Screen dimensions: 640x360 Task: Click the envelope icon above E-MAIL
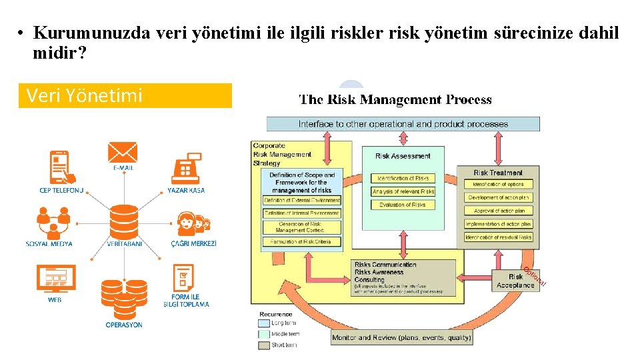pyautogui.click(x=123, y=153)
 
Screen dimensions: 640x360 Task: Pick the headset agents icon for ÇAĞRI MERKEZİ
pyautogui.click(x=193, y=224)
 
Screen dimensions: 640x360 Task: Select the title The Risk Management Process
pyautogui.click(x=395, y=100)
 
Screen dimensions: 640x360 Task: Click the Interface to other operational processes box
pyautogui.click(x=403, y=124)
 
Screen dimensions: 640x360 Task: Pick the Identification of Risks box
pyautogui.click(x=403, y=178)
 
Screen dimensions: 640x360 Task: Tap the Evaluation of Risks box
pyautogui.click(x=403, y=205)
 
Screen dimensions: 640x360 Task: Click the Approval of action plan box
pyautogui.click(x=498, y=211)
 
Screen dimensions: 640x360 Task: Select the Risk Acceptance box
pyautogui.click(x=515, y=281)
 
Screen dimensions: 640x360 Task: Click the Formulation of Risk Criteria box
pyautogui.click(x=301, y=242)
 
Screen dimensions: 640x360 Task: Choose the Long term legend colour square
pyautogui.click(x=264, y=323)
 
